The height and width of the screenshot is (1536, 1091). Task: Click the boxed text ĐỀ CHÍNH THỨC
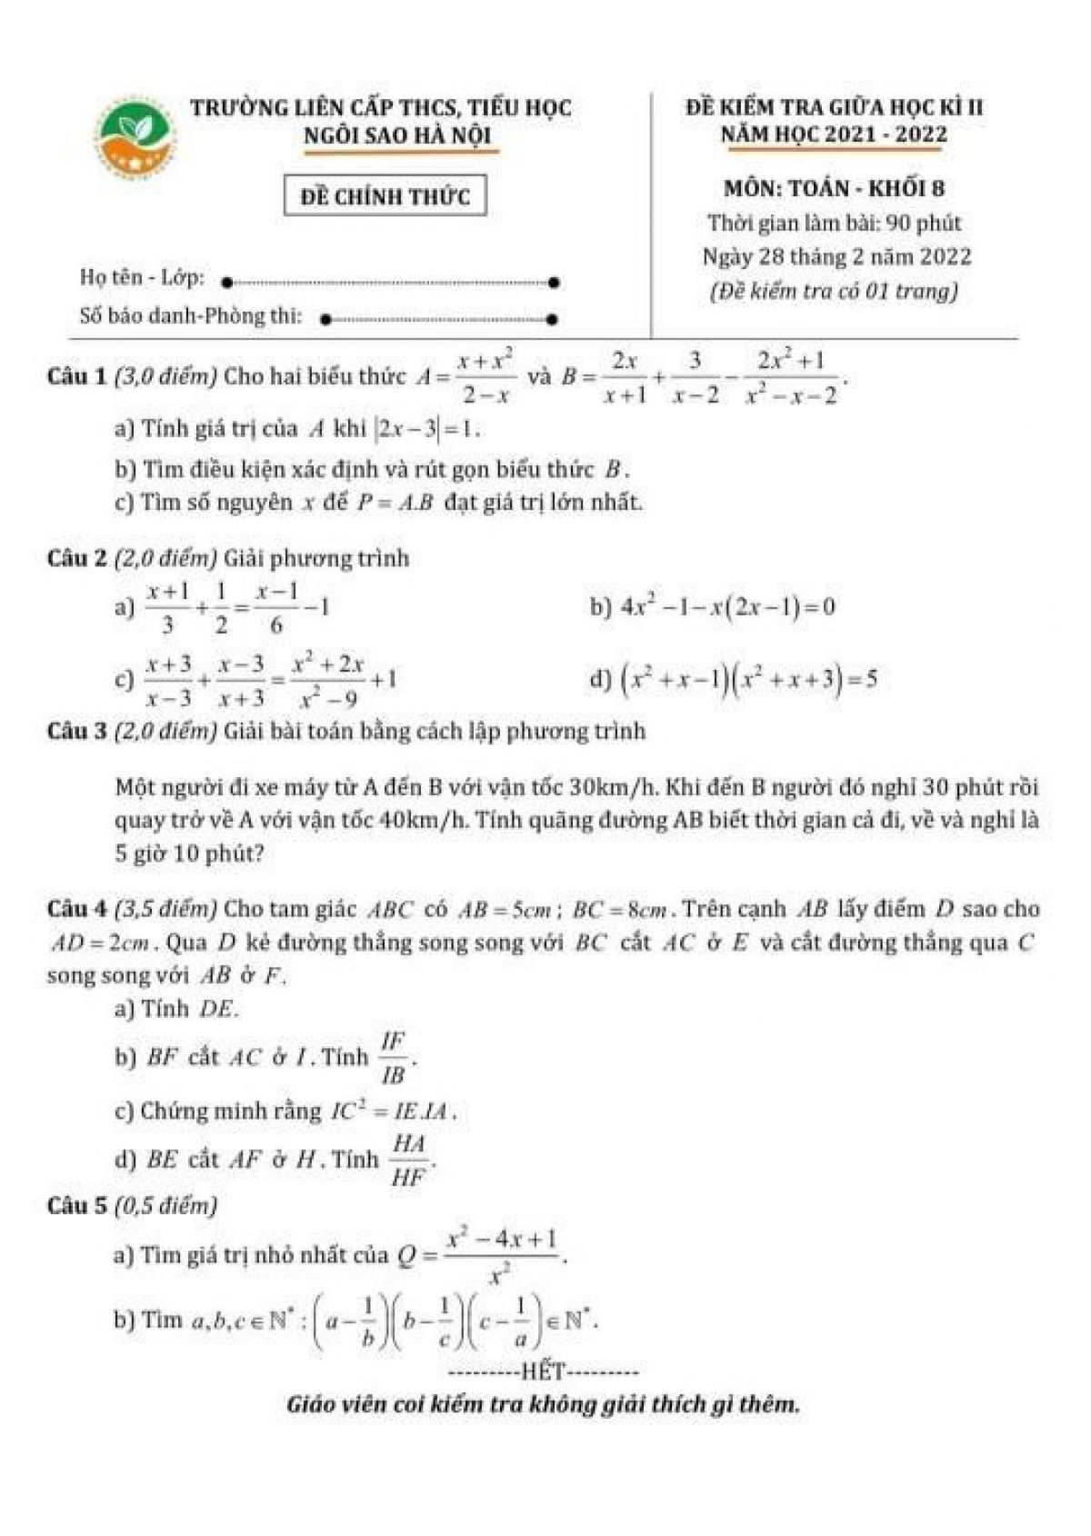[385, 196]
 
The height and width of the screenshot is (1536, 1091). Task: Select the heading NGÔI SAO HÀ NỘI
[396, 136]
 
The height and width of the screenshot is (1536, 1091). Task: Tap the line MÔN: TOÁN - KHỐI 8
[834, 188]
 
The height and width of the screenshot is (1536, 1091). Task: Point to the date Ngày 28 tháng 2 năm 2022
[836, 256]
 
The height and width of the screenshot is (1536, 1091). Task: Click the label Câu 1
[76, 376]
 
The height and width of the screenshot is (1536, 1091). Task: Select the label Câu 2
[76, 558]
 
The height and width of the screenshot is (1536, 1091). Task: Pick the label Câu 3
[76, 731]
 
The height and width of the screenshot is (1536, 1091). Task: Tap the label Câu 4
[76, 909]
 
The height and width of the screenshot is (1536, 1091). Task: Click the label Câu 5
[76, 1206]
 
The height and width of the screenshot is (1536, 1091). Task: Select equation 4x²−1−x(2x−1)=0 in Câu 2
[727, 606]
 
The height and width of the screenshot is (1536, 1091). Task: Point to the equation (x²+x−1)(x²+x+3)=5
[747, 680]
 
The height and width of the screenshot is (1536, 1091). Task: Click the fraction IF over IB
[394, 1058]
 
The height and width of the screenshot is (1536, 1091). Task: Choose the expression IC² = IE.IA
[392, 1111]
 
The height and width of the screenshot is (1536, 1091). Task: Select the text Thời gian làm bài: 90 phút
[834, 223]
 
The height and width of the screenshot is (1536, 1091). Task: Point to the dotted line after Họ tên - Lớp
[391, 283]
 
